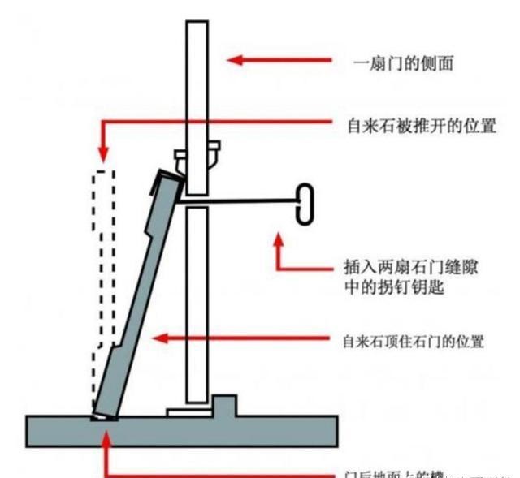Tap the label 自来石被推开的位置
click(421, 127)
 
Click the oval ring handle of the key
click(303, 203)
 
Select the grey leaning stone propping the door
click(138, 300)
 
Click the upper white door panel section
click(197, 81)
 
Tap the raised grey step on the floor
click(225, 405)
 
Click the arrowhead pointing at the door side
click(232, 59)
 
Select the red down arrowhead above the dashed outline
click(102, 153)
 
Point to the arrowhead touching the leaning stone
click(161, 338)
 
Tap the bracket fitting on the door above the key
click(197, 154)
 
